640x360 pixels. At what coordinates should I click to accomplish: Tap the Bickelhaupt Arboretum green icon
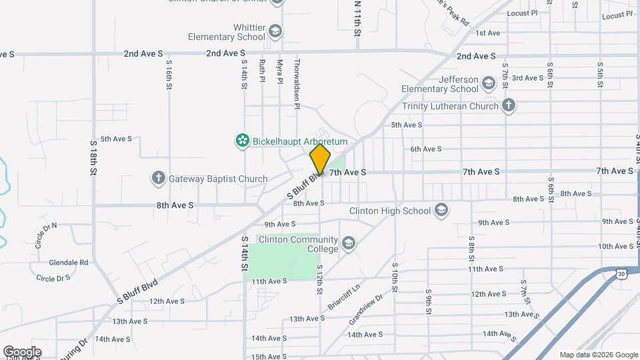[243, 141]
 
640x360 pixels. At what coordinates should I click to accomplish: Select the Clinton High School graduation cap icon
[440, 211]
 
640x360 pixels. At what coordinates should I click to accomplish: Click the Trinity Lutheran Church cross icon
[509, 105]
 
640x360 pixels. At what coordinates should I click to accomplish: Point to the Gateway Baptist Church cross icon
[158, 178]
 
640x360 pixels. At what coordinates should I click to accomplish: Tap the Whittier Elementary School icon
[275, 31]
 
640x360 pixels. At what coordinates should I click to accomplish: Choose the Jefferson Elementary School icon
[489, 83]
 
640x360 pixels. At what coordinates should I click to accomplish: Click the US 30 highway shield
[621, 273]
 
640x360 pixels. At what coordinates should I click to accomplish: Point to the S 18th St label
[94, 157]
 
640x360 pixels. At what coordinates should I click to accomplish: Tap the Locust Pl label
[522, 13]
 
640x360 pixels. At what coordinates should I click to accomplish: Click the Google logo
[22, 352]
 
